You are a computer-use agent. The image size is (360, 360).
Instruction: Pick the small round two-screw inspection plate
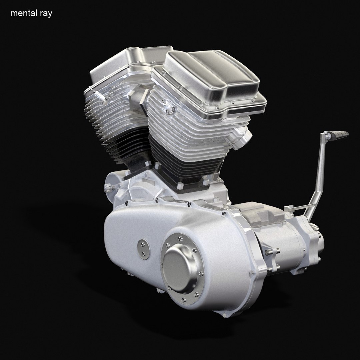(143, 249)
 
